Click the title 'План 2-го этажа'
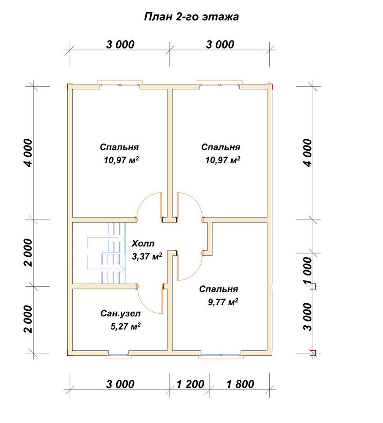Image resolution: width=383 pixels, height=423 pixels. (191, 17)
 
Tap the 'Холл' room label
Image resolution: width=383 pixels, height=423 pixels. (143, 244)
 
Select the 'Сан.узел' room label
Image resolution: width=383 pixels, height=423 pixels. (120, 313)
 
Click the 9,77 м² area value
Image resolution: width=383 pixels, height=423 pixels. (223, 302)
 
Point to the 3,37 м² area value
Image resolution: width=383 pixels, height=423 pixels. (147, 256)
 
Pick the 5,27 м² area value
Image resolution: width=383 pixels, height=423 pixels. (125, 327)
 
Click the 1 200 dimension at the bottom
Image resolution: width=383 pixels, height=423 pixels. (190, 384)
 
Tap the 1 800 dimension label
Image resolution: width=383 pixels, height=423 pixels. (240, 384)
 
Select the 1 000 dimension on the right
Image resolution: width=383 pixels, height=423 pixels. (307, 270)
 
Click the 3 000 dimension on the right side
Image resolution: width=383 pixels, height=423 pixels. (307, 317)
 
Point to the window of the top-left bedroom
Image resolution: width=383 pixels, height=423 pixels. (120, 84)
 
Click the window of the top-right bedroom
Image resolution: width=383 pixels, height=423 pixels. (220, 84)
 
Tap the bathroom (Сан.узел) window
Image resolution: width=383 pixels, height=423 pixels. (119, 355)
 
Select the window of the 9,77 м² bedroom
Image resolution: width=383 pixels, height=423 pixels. (221, 355)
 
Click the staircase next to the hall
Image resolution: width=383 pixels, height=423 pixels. (107, 253)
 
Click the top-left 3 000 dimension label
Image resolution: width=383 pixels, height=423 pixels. (120, 44)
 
